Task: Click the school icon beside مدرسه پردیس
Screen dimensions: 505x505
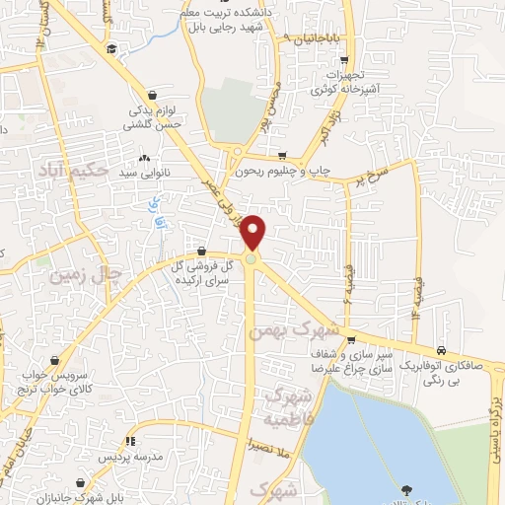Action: (x=128, y=441)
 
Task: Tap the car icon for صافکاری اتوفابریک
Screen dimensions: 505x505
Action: (x=441, y=350)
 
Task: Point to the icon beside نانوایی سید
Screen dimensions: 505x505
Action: (x=144, y=158)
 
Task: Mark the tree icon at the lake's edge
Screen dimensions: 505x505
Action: (x=405, y=489)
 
